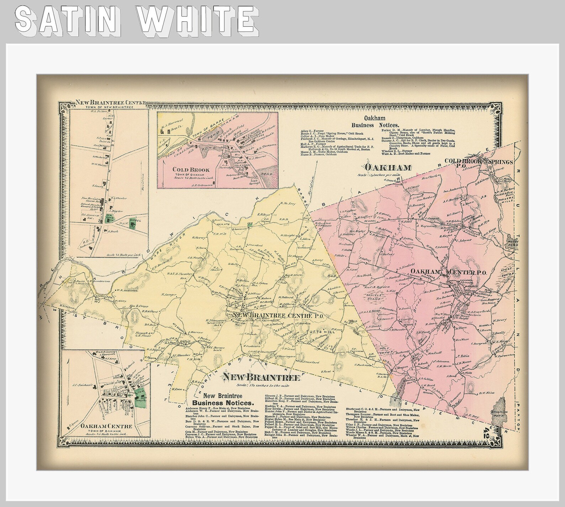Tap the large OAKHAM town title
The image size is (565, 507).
(x=389, y=167)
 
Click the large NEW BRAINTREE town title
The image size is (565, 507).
(x=262, y=377)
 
